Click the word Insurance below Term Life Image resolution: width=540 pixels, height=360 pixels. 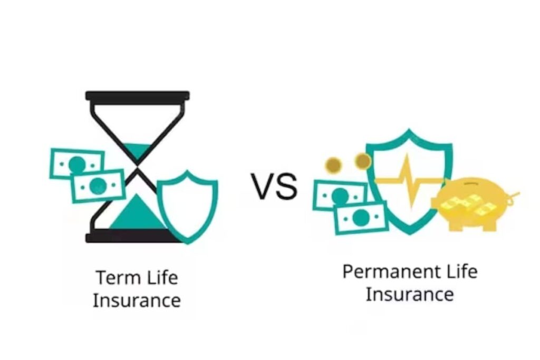(x=137, y=300)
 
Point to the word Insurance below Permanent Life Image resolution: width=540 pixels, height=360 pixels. (x=409, y=294)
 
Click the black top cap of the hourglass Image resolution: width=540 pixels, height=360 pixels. (x=137, y=96)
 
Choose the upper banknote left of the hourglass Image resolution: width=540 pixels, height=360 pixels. (x=77, y=163)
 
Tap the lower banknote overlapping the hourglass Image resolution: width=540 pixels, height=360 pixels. (x=98, y=186)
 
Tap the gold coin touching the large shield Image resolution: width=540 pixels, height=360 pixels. (x=362, y=161)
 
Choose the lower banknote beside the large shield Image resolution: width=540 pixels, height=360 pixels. (x=362, y=217)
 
